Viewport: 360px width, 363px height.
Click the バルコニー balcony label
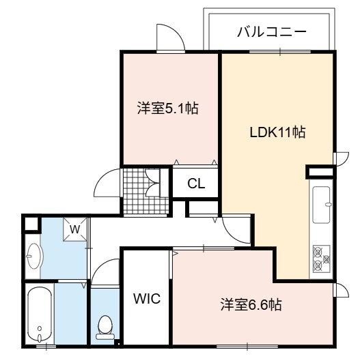272,32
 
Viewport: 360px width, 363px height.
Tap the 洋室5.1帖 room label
168,108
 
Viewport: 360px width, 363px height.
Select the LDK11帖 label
277,132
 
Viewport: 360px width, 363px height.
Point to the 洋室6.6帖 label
251,304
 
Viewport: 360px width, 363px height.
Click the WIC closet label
147,298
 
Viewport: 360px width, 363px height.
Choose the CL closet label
196,184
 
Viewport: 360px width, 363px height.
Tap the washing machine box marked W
75,229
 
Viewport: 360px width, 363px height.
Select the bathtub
40,315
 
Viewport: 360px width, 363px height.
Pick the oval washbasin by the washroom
34,256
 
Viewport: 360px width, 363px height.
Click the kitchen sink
321,205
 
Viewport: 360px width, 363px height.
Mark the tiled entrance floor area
146,191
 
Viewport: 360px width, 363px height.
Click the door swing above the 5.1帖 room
171,38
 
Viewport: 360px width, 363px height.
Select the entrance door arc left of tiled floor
107,184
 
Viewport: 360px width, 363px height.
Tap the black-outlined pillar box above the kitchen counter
320,172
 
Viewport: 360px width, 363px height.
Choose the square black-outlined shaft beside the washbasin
31,224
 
